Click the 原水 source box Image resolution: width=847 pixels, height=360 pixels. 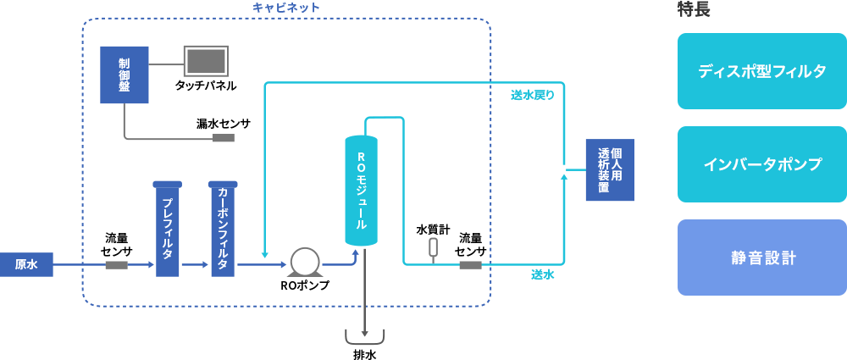26,264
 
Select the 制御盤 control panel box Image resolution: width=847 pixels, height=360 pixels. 124,75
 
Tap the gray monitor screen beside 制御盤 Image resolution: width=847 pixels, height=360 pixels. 206,61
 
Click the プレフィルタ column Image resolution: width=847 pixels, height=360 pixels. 168,230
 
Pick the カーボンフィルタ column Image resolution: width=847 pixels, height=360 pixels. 223,230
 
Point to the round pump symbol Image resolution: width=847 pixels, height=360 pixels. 304,261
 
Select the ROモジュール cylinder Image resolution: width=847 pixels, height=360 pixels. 362,191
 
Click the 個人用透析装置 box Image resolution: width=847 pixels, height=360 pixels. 610,170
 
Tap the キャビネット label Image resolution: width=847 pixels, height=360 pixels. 286,8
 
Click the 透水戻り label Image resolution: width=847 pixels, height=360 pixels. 532,95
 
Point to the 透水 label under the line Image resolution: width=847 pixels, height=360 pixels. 542,274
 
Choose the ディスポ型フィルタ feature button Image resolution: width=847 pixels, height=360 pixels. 761,72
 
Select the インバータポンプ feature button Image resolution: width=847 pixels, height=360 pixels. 761,164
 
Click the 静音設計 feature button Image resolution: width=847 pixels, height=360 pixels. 761,258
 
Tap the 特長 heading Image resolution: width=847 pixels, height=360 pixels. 693,9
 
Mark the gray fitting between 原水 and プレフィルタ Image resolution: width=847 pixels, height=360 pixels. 116,265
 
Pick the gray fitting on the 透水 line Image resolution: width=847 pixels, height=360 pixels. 470,265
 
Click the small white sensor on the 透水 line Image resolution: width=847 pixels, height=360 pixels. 434,246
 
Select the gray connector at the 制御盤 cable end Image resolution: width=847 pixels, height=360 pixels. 223,138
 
